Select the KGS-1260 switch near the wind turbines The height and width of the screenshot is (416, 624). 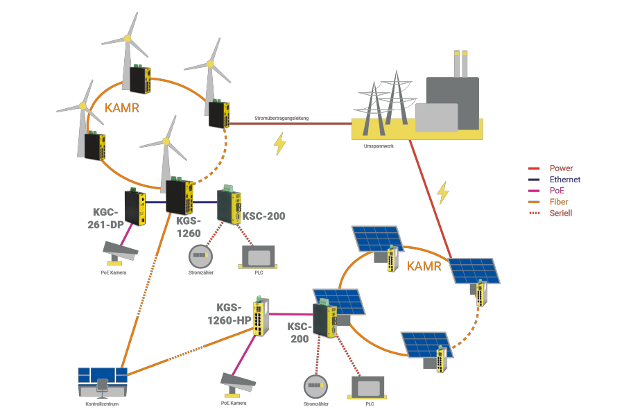[x=179, y=197]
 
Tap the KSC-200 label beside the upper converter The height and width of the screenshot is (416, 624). [x=264, y=216]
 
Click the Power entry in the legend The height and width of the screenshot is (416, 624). [x=561, y=168]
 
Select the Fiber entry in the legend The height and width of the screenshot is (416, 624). [x=558, y=202]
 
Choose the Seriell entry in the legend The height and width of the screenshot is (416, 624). [x=560, y=213]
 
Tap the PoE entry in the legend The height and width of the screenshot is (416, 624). [x=557, y=191]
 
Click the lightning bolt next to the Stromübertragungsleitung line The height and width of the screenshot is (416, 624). [x=279, y=144]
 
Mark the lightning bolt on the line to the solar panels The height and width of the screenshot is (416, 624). [x=442, y=192]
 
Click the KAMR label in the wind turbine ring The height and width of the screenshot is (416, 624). [x=122, y=109]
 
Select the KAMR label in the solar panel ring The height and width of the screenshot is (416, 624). [x=424, y=266]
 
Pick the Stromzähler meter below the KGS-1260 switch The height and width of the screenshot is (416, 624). [x=200, y=256]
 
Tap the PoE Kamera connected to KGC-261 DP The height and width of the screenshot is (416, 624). [x=119, y=251]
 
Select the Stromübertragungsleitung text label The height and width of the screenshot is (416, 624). [x=281, y=119]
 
